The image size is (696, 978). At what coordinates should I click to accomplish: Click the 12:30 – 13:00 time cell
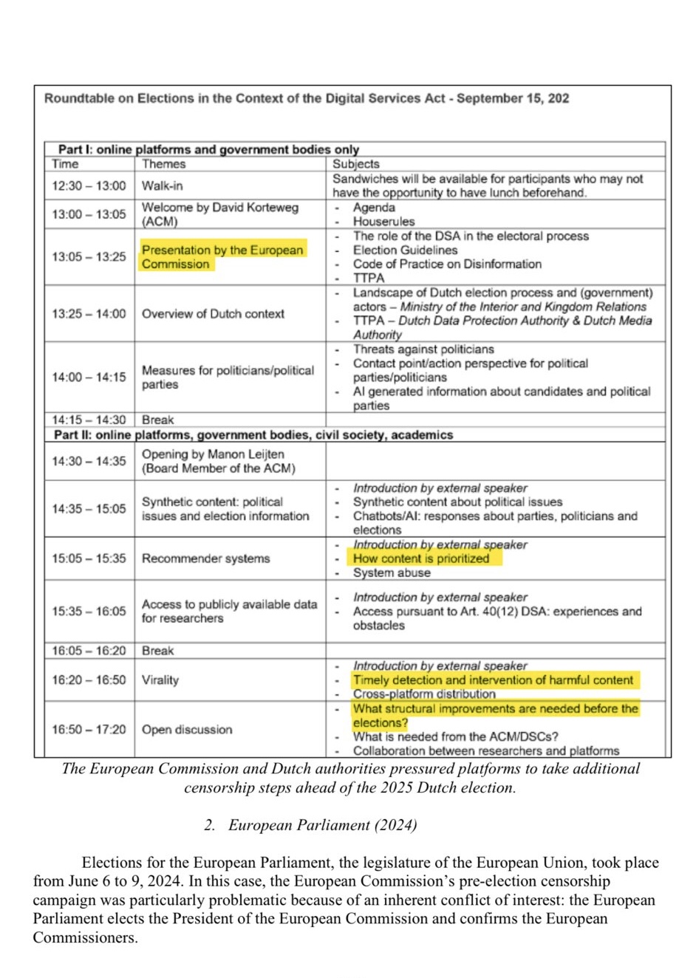click(x=89, y=185)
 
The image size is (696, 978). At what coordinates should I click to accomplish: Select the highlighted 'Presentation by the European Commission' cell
click(x=222, y=257)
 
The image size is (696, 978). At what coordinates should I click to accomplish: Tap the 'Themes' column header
click(x=163, y=164)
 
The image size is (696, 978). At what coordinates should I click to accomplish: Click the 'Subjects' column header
click(x=355, y=164)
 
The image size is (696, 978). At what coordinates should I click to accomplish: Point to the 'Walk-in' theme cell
click(x=162, y=185)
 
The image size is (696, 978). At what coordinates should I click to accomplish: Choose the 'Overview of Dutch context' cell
click(x=213, y=314)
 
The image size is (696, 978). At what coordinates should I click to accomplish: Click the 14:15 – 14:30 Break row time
click(x=89, y=420)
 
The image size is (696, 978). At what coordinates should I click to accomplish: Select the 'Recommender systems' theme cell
click(x=205, y=558)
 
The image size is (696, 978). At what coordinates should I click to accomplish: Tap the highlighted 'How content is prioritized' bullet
click(x=421, y=558)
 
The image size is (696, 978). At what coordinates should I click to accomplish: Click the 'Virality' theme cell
click(x=160, y=680)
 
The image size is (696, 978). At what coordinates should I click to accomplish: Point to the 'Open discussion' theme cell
click(x=187, y=729)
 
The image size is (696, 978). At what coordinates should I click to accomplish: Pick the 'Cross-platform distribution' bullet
click(x=424, y=694)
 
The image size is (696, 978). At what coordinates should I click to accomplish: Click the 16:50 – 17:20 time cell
click(x=89, y=729)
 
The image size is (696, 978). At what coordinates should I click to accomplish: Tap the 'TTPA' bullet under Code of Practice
click(x=369, y=278)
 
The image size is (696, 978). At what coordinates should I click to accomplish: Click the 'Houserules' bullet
click(x=383, y=221)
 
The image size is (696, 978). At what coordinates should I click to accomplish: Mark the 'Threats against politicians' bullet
click(x=423, y=349)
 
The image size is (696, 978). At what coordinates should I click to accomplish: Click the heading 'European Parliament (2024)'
click(x=322, y=825)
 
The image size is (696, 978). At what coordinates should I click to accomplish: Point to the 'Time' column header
click(x=65, y=164)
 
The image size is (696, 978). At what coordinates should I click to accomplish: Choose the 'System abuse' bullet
click(x=392, y=572)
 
